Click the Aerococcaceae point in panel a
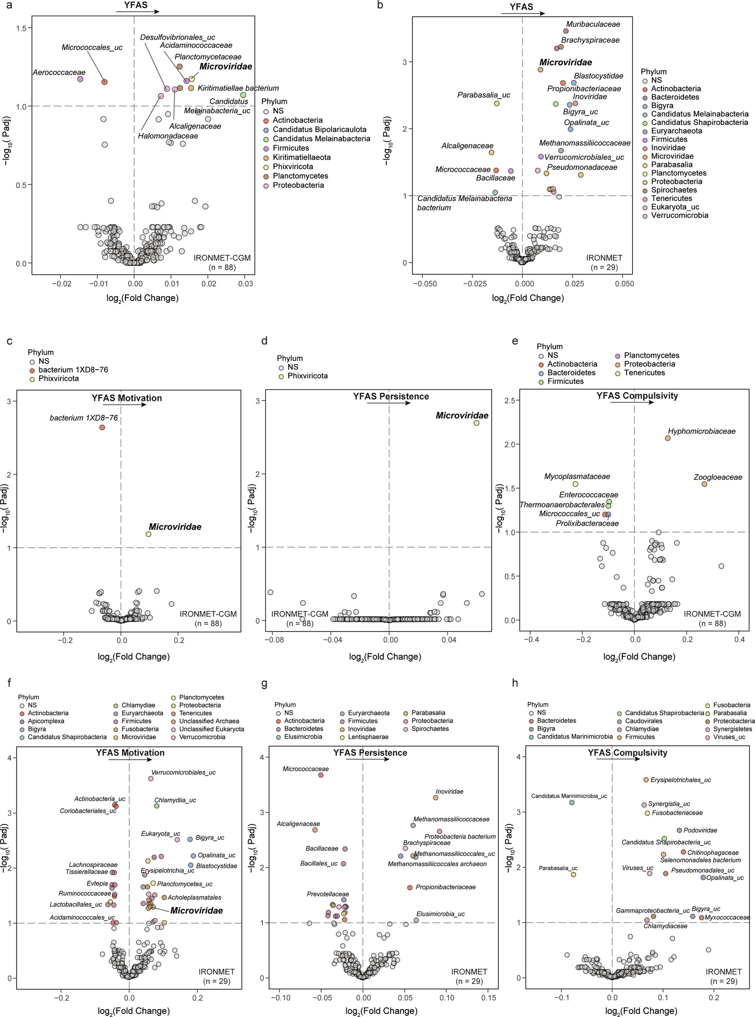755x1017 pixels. click(x=80, y=79)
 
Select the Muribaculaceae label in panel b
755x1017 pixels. click(x=593, y=24)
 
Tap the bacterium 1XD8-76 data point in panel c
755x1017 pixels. click(x=102, y=427)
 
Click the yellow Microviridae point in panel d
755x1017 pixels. click(x=476, y=423)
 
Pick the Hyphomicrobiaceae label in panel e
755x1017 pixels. click(x=701, y=431)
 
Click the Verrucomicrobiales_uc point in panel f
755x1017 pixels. click(x=151, y=779)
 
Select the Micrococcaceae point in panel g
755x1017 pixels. click(x=321, y=775)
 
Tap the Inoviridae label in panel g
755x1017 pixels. click(x=449, y=791)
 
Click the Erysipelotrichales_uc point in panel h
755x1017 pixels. click(x=646, y=780)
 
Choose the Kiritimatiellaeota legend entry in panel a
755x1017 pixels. click(x=302, y=157)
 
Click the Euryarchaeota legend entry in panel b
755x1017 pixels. click(x=676, y=131)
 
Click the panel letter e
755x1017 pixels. click(x=515, y=341)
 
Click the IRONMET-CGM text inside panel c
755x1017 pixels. click(x=208, y=614)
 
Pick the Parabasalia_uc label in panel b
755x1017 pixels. click(x=484, y=95)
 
